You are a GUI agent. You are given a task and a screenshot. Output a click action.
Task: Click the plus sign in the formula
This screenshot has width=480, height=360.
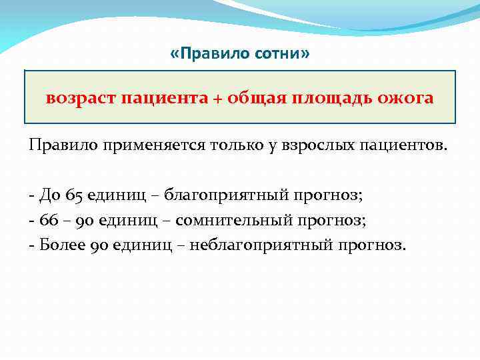click(x=217, y=99)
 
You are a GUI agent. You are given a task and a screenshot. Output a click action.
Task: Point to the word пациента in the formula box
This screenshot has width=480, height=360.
click(x=164, y=99)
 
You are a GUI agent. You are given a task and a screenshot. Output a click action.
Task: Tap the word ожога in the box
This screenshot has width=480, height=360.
click(x=406, y=99)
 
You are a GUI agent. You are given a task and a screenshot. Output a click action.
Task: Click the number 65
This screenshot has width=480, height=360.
click(x=75, y=195)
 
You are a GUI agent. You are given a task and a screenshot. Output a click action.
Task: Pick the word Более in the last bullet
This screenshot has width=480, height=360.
click(x=61, y=245)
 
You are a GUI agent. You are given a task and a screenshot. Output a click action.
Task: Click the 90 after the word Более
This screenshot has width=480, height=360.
click(x=99, y=245)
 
